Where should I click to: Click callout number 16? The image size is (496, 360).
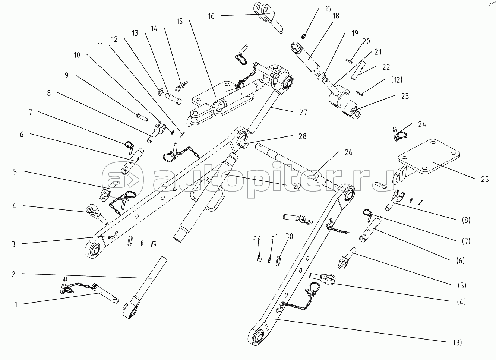[211, 16]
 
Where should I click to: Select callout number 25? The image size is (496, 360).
[484, 180]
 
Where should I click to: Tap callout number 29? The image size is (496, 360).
[297, 186]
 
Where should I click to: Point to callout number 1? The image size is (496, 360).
[16, 304]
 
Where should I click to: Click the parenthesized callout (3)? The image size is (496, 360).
[458, 342]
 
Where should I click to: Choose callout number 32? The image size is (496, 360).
[257, 237]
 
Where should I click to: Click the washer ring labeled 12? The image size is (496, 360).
[162, 91]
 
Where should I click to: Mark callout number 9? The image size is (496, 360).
[66, 75]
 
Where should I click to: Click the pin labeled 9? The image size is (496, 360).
[142, 117]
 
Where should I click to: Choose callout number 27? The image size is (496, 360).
[303, 112]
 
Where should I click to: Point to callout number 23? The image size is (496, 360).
[405, 96]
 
